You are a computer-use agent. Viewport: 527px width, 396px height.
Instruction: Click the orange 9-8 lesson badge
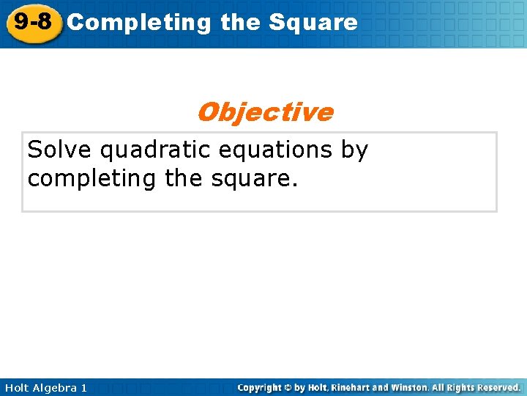tap(32, 22)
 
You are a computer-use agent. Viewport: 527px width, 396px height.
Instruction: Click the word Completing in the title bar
tap(138, 23)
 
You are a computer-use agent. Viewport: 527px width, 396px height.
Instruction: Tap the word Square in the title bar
tap(313, 23)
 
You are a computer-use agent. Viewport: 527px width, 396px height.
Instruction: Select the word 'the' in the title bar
tap(239, 23)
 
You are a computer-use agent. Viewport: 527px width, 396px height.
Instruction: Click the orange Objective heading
tap(264, 112)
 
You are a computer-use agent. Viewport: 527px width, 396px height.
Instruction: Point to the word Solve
tap(60, 150)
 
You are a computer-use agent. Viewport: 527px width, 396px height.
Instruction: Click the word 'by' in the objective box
tap(354, 151)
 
